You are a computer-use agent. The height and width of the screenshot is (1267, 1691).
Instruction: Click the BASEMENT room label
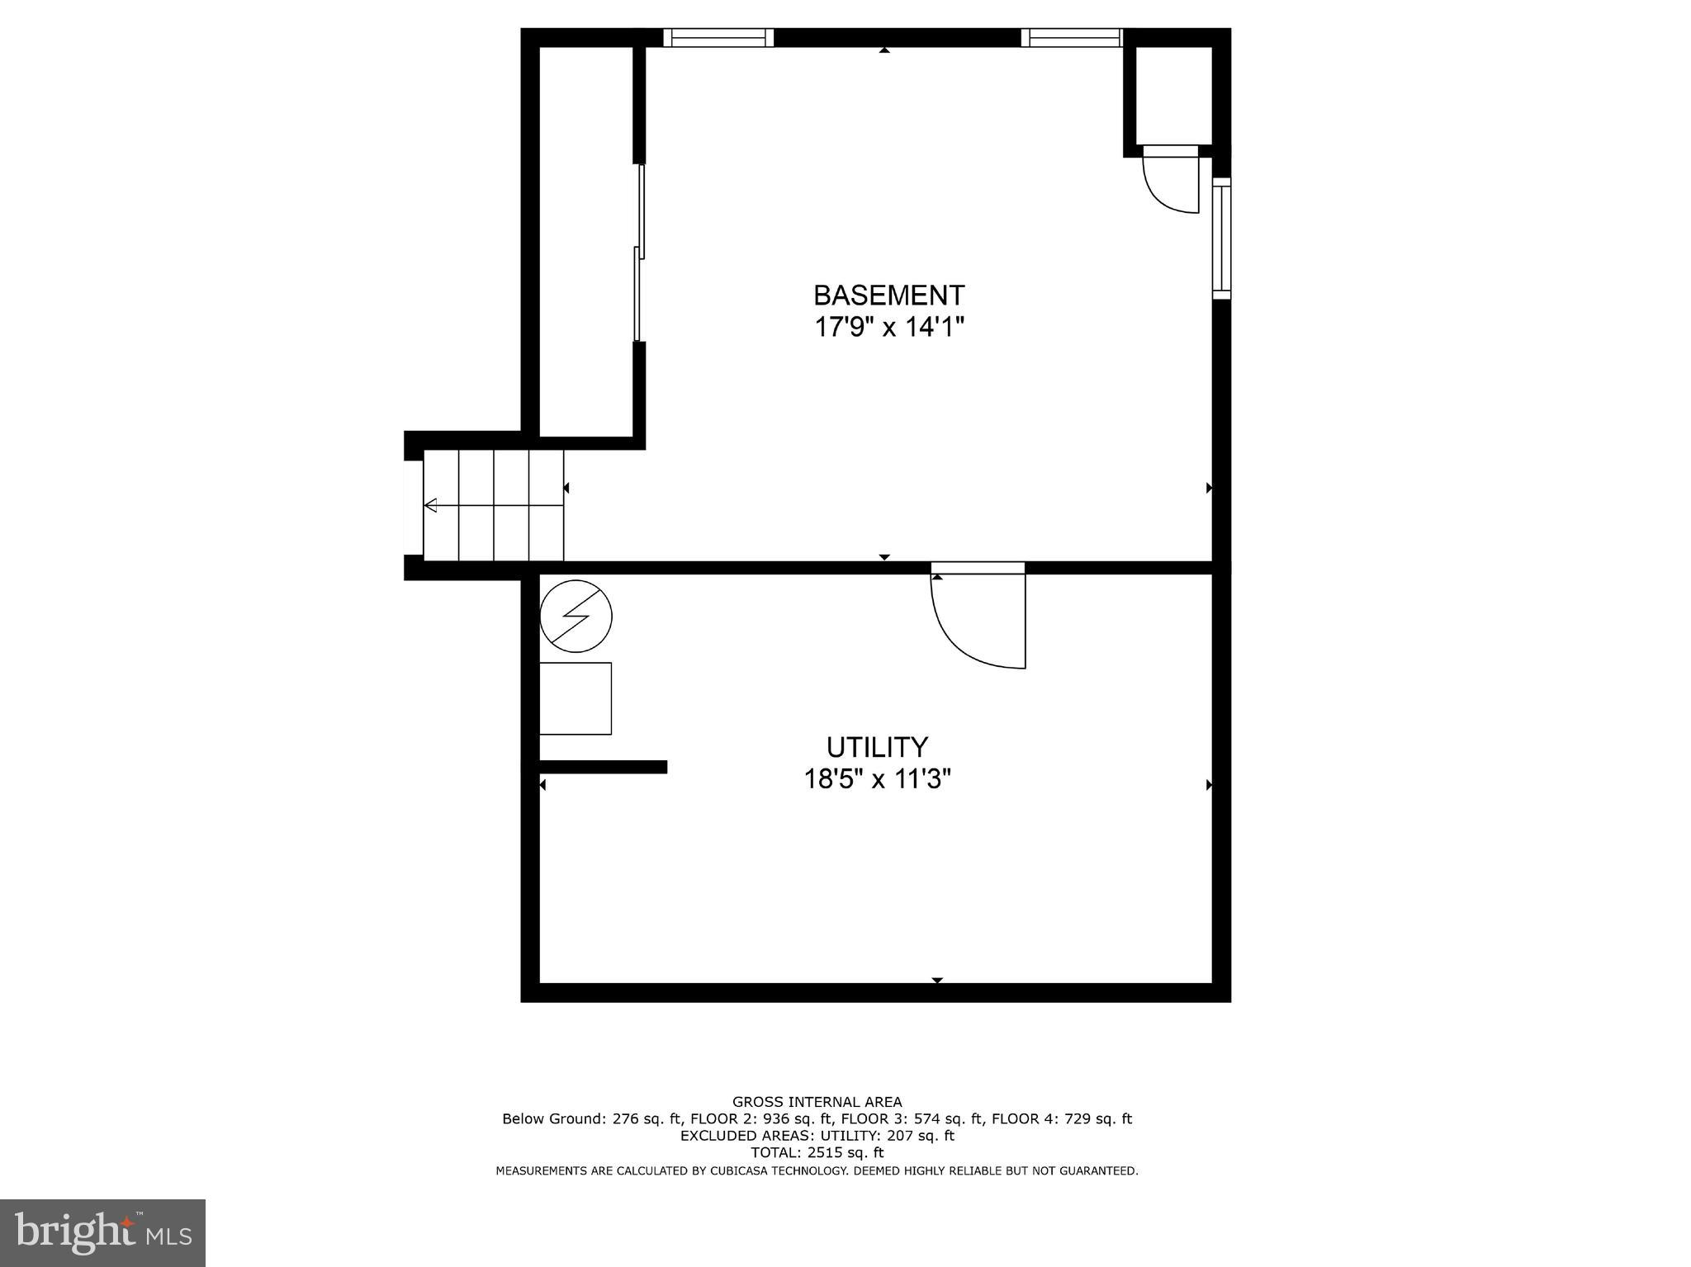coord(888,295)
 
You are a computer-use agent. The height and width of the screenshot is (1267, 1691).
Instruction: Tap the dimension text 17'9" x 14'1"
coord(888,328)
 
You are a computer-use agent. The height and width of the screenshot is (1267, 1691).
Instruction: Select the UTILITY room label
coord(877,747)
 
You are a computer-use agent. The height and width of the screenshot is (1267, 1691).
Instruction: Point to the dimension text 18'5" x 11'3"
coord(877,779)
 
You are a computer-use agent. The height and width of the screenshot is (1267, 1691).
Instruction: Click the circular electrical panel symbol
coord(576,616)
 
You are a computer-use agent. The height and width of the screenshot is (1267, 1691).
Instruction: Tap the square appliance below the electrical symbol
coord(576,698)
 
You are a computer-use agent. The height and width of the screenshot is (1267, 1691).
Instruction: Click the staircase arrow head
coord(430,505)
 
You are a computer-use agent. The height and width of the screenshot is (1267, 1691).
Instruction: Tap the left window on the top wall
coord(718,37)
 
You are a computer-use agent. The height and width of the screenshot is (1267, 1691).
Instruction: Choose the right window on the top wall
coord(1072,37)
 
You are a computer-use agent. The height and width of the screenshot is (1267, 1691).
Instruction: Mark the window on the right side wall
coord(1221,239)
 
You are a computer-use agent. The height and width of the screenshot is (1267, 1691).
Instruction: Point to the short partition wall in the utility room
coord(603,767)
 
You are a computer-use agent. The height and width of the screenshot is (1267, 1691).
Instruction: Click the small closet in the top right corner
coord(1173,96)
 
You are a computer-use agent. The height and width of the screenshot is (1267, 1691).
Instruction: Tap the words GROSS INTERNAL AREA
coord(817,1102)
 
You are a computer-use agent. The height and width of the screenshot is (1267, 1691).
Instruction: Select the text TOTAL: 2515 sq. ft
coord(817,1153)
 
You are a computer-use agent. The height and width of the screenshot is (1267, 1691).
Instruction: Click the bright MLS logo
coord(102,1232)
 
